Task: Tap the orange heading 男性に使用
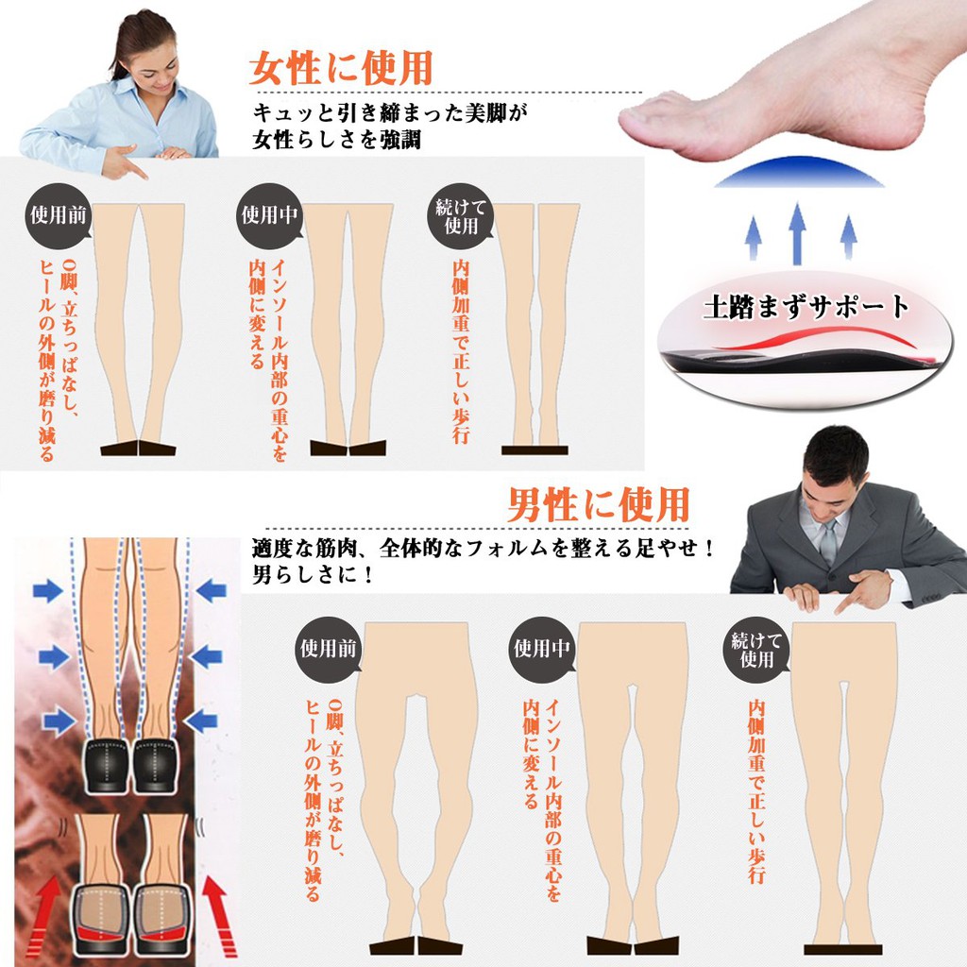[x=599, y=504]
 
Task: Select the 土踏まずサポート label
[x=806, y=307]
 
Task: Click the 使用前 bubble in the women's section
[x=59, y=214]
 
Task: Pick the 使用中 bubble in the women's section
[x=269, y=214]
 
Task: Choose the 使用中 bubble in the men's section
[x=542, y=649]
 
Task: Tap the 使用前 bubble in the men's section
[x=329, y=649]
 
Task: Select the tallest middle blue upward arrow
[x=797, y=231]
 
